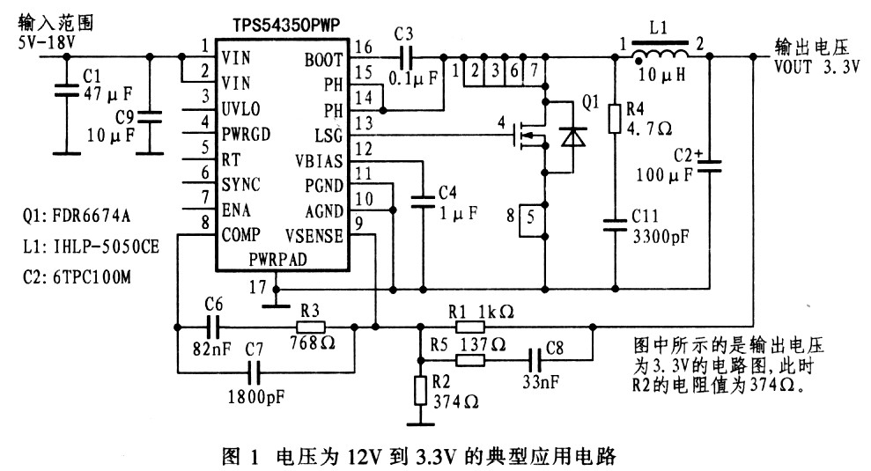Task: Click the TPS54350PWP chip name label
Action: (286, 25)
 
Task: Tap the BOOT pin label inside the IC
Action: (323, 60)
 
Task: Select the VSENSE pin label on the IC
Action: (314, 236)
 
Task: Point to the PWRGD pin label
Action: (246, 135)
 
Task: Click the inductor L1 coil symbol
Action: (661, 53)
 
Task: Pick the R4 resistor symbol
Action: (615, 118)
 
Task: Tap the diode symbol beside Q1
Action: (572, 136)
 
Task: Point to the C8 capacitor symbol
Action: (535, 360)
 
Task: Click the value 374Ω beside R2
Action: (456, 401)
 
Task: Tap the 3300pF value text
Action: (661, 237)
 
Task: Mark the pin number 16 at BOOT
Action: (363, 47)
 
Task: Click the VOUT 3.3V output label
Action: (817, 67)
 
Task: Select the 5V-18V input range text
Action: (47, 42)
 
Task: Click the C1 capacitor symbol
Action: (66, 91)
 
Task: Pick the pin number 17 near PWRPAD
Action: (258, 287)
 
